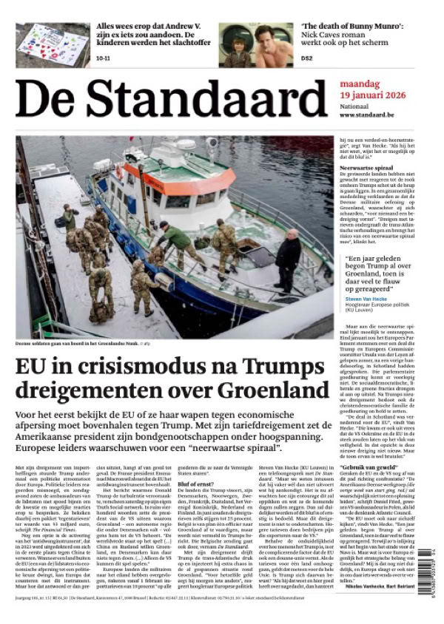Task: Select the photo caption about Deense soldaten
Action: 87,343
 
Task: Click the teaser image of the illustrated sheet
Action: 53,44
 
